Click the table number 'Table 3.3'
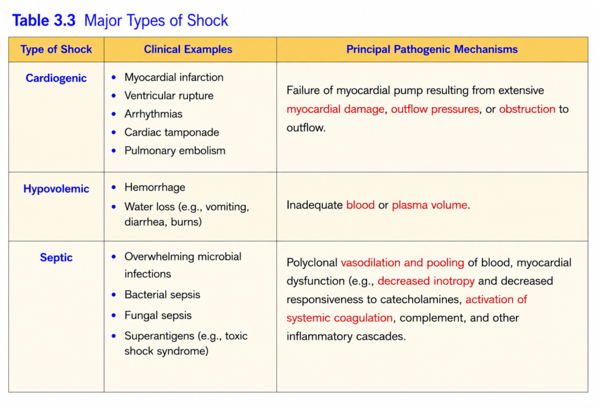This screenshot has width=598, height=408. click(x=44, y=20)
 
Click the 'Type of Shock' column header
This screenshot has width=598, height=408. click(x=56, y=49)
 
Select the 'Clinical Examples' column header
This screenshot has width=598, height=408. click(x=188, y=49)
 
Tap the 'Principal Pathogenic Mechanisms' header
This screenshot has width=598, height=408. click(x=432, y=49)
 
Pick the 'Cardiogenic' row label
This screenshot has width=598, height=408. click(x=56, y=78)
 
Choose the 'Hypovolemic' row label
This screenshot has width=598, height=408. click(x=56, y=189)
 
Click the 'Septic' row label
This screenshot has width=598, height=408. click(x=56, y=258)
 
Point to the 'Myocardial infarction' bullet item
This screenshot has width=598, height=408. click(x=174, y=77)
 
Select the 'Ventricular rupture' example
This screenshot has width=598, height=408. click(x=169, y=95)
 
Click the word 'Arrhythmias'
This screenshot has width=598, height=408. click(x=154, y=114)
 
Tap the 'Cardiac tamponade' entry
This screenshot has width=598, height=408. click(x=172, y=132)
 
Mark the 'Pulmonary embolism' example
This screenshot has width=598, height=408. click(x=175, y=150)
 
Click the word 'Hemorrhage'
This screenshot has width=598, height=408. click(x=155, y=187)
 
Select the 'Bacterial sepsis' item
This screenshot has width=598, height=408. click(x=162, y=295)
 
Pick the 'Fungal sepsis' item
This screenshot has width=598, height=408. click(x=158, y=315)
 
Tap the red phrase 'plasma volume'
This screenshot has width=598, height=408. click(x=429, y=205)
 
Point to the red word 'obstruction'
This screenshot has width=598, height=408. click(x=527, y=109)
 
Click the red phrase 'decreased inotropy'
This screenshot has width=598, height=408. click(x=426, y=281)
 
